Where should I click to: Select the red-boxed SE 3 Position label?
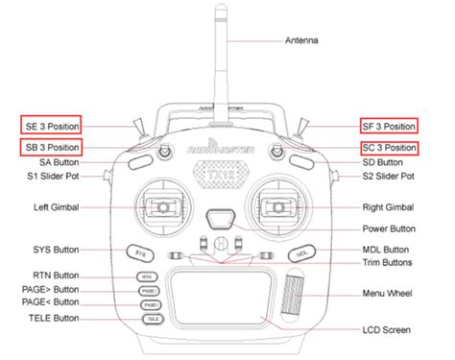click(51, 126)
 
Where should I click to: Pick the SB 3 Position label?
click(51, 147)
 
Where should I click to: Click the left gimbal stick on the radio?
click(164, 207)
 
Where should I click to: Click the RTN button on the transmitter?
click(145, 276)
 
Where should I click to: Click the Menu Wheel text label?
click(384, 292)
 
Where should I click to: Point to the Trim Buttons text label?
click(384, 262)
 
